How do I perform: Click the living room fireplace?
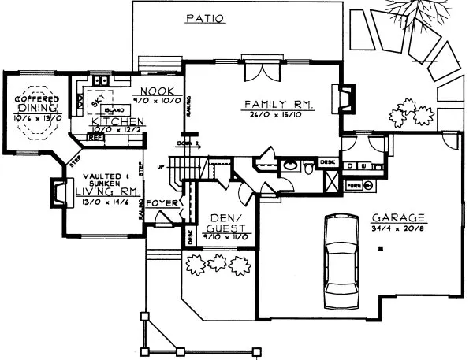tap(59, 192)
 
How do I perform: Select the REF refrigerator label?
tap(95, 137)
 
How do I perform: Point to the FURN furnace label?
tap(355, 186)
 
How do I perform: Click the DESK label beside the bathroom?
tap(328, 163)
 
